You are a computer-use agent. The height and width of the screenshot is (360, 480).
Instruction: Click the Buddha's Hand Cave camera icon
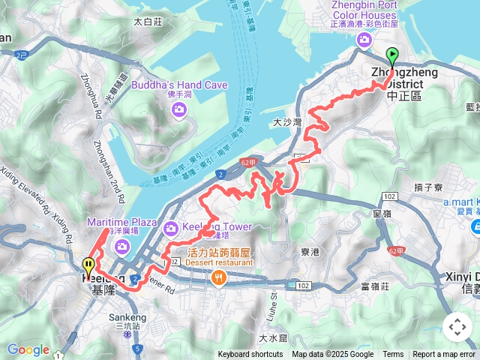178,110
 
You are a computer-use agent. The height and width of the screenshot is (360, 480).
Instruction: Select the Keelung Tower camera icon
170,226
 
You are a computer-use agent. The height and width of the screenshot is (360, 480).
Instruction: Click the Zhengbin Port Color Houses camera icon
364,40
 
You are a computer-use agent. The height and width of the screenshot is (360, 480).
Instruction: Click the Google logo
28,349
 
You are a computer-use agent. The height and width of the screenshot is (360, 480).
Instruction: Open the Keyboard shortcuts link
251,355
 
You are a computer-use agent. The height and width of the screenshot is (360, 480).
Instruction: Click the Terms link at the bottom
393,355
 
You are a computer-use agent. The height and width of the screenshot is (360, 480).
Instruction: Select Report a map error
445,355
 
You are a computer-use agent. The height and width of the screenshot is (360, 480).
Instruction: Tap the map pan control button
457,327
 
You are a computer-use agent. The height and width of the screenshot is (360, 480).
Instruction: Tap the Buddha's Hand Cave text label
179,85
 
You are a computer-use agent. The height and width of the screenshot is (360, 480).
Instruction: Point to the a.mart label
460,202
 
